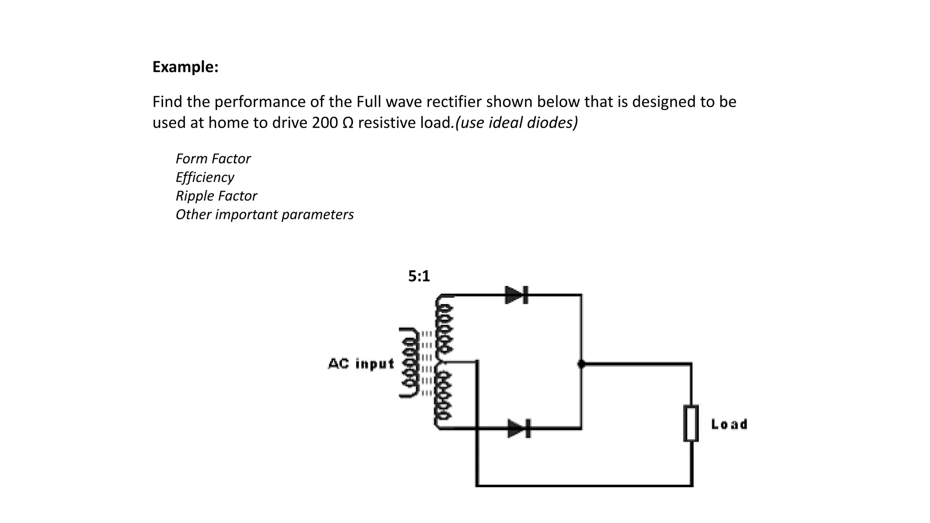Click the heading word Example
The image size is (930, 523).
click(x=185, y=67)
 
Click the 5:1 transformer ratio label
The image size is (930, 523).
click(x=419, y=276)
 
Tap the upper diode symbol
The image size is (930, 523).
click(x=516, y=295)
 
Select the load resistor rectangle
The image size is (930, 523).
click(x=691, y=424)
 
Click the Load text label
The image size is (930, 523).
click(x=729, y=424)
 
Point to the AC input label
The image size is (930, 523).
click(x=361, y=364)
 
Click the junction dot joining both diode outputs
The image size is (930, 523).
click(x=581, y=364)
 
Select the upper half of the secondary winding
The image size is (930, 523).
click(x=444, y=329)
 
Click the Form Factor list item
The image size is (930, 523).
click(x=213, y=159)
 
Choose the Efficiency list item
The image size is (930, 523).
click(x=205, y=178)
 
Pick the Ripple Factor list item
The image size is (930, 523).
click(x=216, y=196)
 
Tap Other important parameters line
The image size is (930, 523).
click(x=264, y=215)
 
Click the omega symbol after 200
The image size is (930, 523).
click(x=347, y=123)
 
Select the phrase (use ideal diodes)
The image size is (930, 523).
click(x=516, y=123)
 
